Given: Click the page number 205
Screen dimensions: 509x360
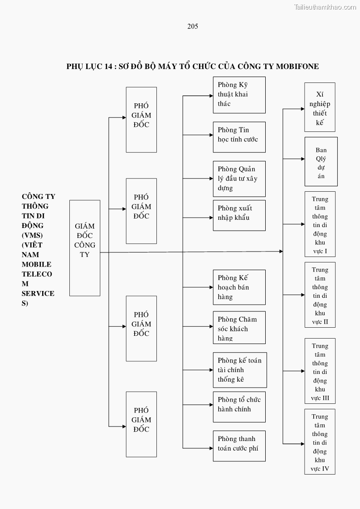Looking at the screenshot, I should click(193, 26).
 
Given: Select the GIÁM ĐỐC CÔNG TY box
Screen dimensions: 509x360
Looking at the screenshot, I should click(85, 248).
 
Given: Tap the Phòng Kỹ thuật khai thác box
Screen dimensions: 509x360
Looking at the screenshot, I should click(239, 95).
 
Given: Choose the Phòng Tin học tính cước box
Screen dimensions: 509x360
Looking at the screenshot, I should click(239, 137).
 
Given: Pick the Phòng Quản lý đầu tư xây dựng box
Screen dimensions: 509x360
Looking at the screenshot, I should click(239, 179).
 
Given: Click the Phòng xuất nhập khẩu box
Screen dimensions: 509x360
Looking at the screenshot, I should click(239, 215).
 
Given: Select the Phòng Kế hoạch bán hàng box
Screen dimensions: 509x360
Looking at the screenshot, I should click(239, 287).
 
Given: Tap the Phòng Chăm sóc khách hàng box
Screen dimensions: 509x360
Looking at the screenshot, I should click(239, 327).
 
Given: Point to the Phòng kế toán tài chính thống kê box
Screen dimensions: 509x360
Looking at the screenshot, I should click(239, 370).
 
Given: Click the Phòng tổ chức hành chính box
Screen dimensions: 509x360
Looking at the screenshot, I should click(239, 407).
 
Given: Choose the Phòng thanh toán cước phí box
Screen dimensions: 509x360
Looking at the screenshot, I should click(239, 446).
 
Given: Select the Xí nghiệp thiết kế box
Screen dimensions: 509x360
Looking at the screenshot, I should click(320, 107).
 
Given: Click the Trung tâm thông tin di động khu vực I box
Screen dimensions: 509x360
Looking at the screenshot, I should click(320, 224).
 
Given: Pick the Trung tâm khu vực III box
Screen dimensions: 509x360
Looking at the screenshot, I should click(320, 371).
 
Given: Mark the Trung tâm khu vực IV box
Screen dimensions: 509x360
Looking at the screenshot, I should click(320, 441).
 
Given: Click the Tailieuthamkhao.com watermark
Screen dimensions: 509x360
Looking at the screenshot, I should click(325, 7).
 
